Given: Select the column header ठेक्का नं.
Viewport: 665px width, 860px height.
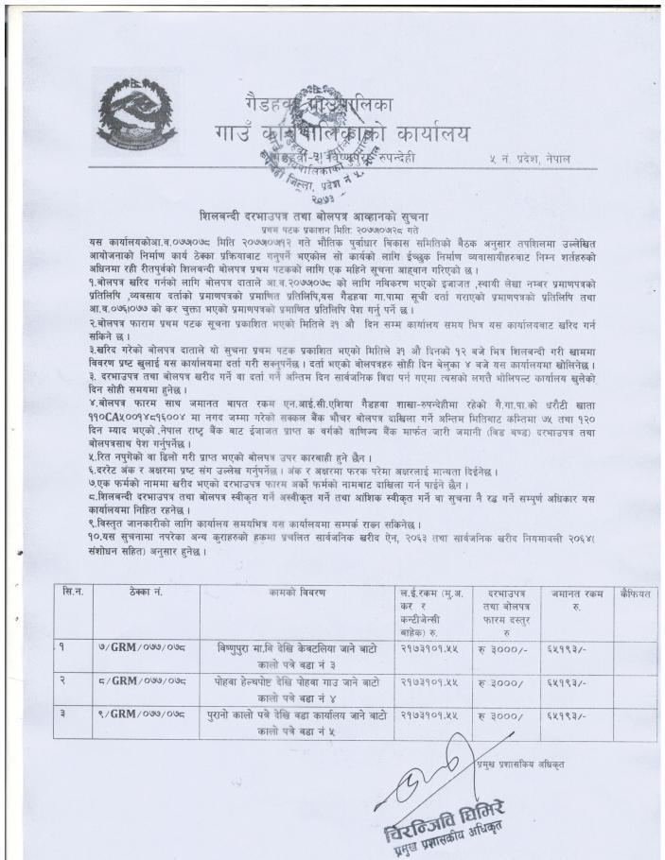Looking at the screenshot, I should click(131, 593).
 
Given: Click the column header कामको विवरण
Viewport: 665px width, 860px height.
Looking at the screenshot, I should click(296, 593).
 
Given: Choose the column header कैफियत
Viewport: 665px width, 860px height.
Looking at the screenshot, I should click(633, 593).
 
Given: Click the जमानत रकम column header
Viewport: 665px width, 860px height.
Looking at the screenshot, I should click(569, 598).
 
